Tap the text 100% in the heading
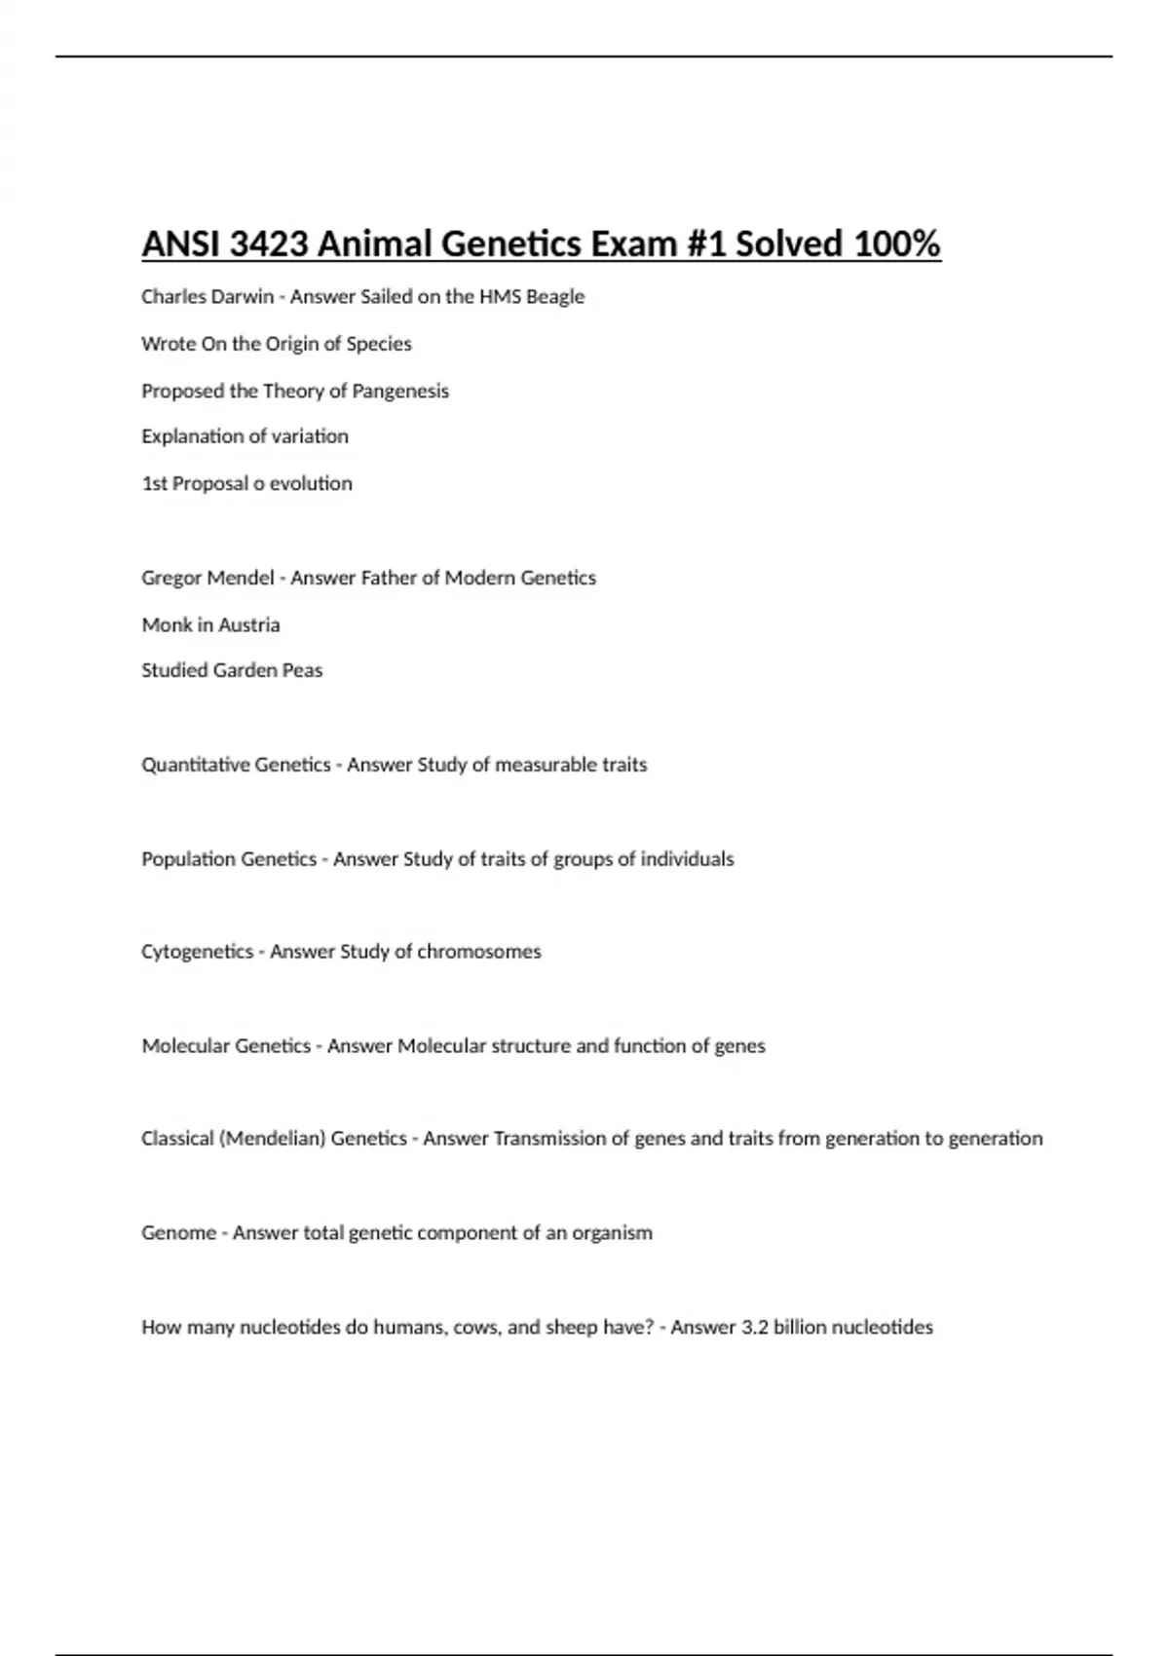pos(896,244)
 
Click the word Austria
pos(249,624)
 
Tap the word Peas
pos(302,670)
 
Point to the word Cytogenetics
pos(197,952)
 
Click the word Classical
pos(177,1139)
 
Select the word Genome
pos(177,1233)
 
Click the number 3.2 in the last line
pos(755,1328)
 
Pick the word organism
pos(612,1233)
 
